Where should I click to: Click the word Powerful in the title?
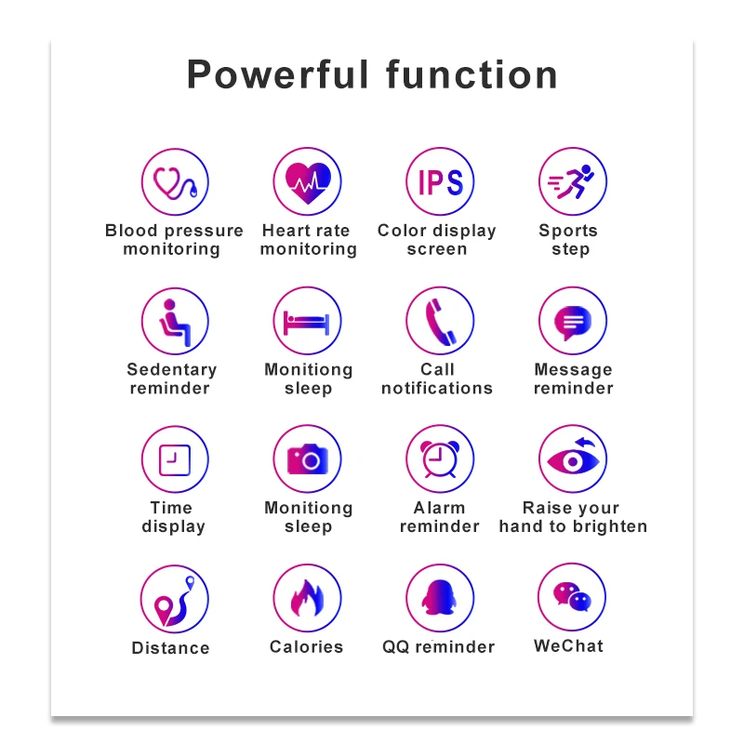tap(277, 74)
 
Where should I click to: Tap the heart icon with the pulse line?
tap(308, 182)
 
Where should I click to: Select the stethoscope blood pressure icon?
tap(175, 182)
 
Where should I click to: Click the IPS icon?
tap(440, 182)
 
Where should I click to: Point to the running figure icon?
tap(571, 181)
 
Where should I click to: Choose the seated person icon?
tap(175, 322)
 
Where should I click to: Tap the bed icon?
tap(307, 323)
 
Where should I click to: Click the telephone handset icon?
tap(440, 321)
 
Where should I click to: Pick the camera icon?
tap(308, 458)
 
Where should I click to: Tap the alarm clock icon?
tap(440, 458)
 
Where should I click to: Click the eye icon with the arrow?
tap(573, 457)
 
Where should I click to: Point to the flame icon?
tap(307, 598)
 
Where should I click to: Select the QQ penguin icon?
tap(439, 597)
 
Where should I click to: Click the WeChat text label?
tap(568, 645)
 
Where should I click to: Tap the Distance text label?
tap(171, 647)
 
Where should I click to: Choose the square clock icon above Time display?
tap(175, 459)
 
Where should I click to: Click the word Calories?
tap(307, 646)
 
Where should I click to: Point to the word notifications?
tap(437, 388)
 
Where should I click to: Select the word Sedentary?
tap(172, 369)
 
